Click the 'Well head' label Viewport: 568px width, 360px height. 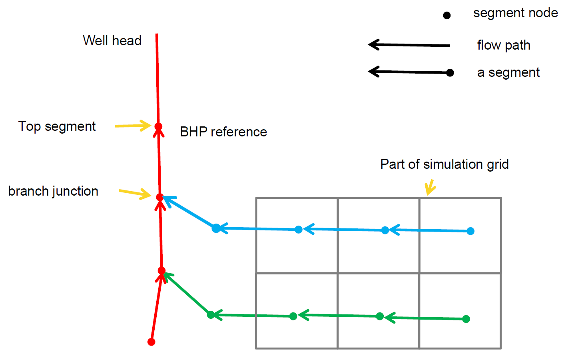(112, 41)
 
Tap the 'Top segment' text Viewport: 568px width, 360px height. (57, 126)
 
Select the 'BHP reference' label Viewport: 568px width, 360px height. (223, 132)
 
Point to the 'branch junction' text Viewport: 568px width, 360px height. (53, 191)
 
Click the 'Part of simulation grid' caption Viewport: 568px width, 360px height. (444, 164)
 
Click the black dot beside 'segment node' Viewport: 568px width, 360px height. (447, 16)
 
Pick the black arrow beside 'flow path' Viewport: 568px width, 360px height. (409, 45)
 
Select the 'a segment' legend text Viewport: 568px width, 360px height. (508, 73)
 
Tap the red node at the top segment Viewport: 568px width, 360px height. (158, 126)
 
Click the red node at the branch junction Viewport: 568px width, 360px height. (159, 197)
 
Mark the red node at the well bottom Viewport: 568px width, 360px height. (151, 342)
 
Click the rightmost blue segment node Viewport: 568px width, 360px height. (470, 231)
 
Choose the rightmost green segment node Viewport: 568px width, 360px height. (466, 319)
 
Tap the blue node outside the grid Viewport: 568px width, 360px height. (216, 228)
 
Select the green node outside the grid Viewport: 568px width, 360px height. (211, 315)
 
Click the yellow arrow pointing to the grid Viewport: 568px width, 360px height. (430, 187)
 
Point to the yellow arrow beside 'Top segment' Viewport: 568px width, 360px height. (133, 126)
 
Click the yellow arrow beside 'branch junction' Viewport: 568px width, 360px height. (135, 194)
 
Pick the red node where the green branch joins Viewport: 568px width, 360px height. (161, 271)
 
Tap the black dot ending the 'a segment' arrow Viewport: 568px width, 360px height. (450, 73)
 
